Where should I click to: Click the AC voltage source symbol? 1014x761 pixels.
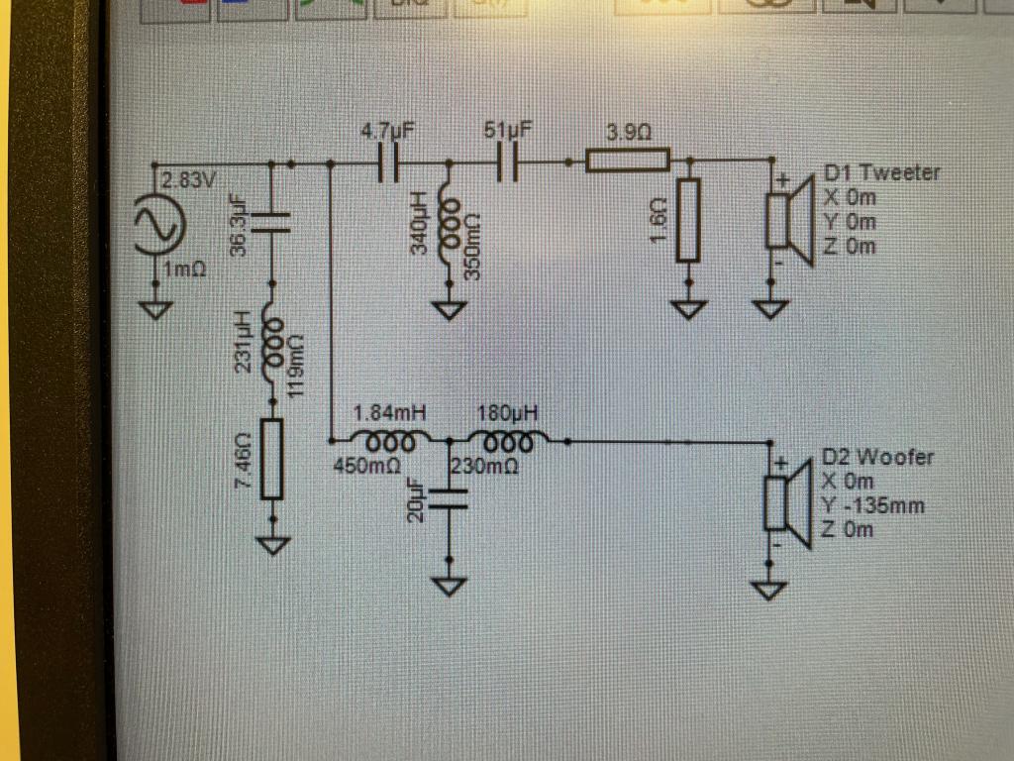(x=159, y=225)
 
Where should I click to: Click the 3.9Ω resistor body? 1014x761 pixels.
(x=627, y=160)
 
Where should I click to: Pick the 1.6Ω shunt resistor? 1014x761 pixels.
(x=688, y=221)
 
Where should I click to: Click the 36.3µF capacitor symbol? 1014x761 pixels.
(x=271, y=222)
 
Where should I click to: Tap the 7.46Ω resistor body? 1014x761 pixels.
(x=271, y=460)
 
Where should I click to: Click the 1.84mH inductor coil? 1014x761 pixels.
(x=390, y=441)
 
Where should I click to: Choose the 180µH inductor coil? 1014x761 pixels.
(x=509, y=441)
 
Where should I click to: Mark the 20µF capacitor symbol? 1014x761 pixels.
(x=449, y=499)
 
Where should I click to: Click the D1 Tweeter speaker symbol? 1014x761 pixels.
(x=789, y=220)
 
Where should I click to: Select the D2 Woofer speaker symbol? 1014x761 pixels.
(x=787, y=503)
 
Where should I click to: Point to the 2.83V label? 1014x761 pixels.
(x=188, y=180)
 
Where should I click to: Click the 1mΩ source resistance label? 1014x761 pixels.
(x=184, y=268)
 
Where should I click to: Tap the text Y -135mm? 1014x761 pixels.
(x=872, y=504)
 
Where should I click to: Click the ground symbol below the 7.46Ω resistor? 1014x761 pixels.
(x=273, y=546)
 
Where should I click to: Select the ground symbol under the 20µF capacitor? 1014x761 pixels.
(x=449, y=587)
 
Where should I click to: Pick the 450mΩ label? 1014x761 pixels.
(x=366, y=466)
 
